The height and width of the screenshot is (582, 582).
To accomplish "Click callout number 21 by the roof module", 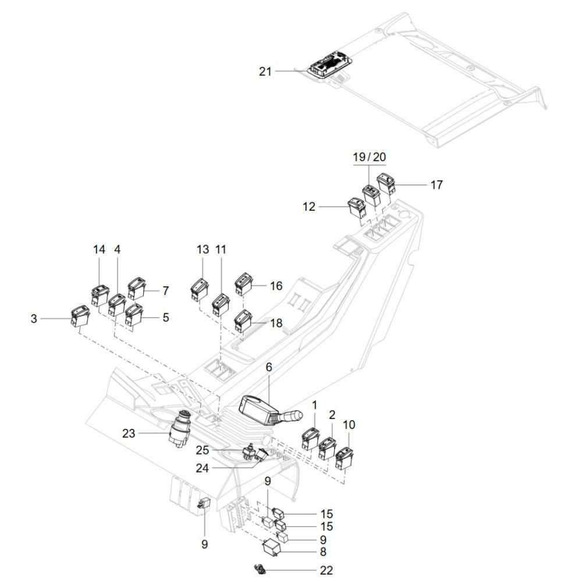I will (265, 72).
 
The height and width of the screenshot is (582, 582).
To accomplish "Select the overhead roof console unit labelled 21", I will (329, 65).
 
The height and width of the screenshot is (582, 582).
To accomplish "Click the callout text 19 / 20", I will (369, 157).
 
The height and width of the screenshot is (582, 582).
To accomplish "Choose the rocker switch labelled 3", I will (79, 316).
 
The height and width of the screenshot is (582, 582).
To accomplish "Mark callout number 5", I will (166, 318).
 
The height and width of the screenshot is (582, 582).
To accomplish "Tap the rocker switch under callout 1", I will (310, 438).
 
